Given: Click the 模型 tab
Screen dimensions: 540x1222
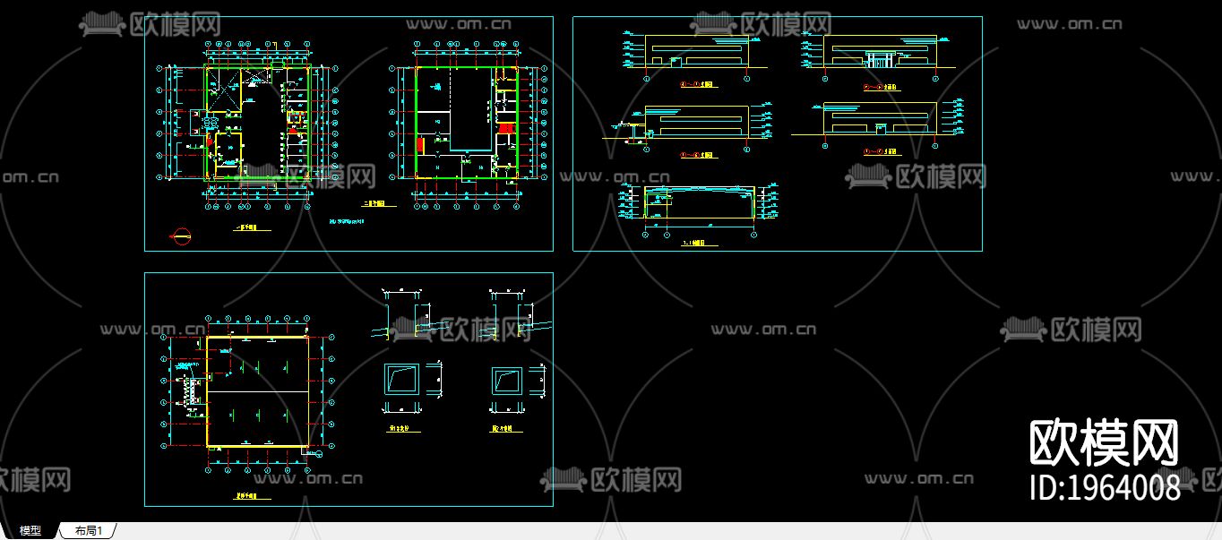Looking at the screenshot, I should [30, 531].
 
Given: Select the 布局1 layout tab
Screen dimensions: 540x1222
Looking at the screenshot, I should [89, 531].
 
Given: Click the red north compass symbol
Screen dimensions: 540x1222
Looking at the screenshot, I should [181, 236].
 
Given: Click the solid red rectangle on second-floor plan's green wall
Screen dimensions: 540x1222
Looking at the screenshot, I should [418, 143].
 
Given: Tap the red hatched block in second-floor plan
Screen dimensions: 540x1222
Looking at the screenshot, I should [505, 129].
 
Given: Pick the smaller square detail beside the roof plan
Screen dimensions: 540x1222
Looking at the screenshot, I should [506, 381].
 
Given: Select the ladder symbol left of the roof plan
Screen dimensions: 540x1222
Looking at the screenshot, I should [191, 391].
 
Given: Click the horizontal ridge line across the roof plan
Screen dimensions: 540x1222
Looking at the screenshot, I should [258, 390].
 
